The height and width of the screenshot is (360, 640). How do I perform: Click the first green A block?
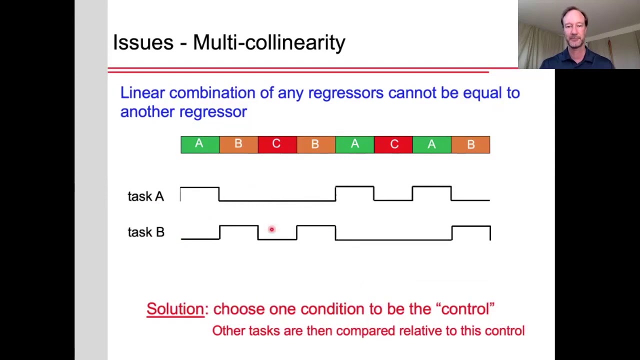tap(199, 144)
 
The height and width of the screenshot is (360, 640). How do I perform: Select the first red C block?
tap(276, 144)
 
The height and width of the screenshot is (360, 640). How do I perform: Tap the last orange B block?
tap(470, 144)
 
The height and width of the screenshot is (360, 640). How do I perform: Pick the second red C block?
tap(393, 144)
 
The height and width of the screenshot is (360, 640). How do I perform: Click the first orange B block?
tap(238, 144)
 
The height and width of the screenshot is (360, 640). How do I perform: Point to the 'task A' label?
tap(145, 196)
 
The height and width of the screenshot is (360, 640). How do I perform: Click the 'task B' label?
tap(146, 232)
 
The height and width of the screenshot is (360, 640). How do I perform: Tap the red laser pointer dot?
tap(271, 229)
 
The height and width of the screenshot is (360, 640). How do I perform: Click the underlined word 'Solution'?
tap(175, 309)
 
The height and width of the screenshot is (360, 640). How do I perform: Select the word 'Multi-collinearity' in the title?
tap(269, 43)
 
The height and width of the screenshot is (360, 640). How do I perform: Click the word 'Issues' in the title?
tap(142, 43)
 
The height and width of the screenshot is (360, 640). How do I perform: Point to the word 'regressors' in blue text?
tap(345, 93)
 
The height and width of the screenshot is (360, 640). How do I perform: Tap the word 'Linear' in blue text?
tap(142, 93)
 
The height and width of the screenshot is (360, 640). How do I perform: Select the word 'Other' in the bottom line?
tap(228, 331)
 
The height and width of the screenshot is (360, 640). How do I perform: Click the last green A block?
tap(431, 144)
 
